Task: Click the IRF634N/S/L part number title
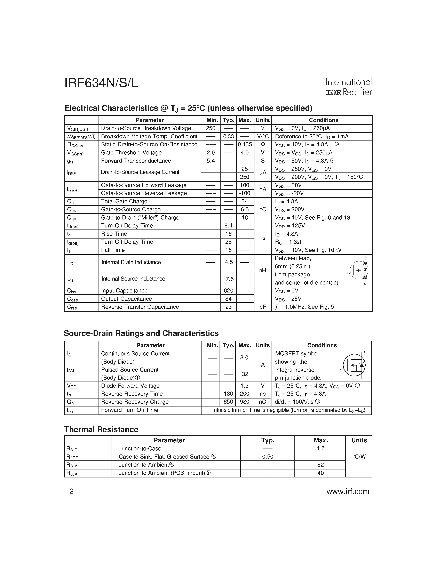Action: click(101, 83)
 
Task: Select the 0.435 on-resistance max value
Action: click(245, 145)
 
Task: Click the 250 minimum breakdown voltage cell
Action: click(211, 128)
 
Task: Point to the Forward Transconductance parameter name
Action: click(136, 161)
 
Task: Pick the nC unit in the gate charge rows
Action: click(263, 209)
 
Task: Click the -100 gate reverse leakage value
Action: click(244, 193)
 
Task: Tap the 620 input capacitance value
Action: click(228, 291)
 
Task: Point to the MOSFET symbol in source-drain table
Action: click(354, 365)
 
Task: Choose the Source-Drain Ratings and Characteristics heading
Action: click(141, 333)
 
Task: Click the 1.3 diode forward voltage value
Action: click(244, 386)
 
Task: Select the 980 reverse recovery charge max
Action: click(244, 402)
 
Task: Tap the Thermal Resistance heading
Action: click(101, 429)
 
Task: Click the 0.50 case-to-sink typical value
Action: click(268, 457)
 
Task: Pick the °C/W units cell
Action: click(359, 457)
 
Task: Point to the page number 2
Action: click(72, 491)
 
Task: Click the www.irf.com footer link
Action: click(348, 491)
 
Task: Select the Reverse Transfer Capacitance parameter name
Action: click(140, 307)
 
